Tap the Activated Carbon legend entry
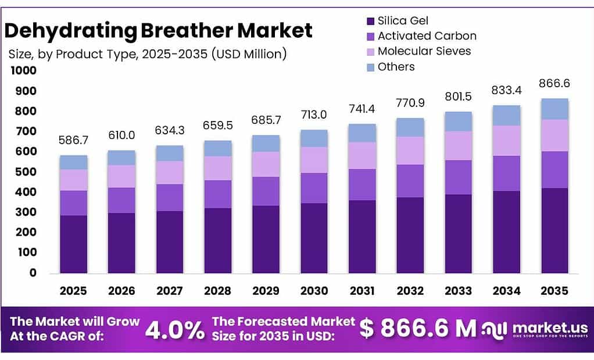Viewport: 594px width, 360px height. pyautogui.click(x=427, y=36)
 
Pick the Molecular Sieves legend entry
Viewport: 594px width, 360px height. pyautogui.click(x=424, y=51)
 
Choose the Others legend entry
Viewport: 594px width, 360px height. pyautogui.click(x=396, y=67)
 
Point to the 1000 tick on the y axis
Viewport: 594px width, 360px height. pyautogui.click(x=23, y=71)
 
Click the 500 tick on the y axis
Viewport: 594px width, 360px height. pyautogui.click(x=26, y=172)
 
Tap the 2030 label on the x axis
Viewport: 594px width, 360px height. pyautogui.click(x=314, y=291)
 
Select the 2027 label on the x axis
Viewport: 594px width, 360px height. pyautogui.click(x=170, y=291)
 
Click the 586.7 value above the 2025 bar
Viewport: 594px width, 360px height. pyautogui.click(x=74, y=140)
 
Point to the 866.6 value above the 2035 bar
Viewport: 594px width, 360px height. pyautogui.click(x=554, y=84)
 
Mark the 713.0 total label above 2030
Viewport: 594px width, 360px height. pyautogui.click(x=314, y=115)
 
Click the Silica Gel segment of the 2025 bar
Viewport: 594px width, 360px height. pyautogui.click(x=74, y=244)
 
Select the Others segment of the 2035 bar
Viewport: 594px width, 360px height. pyautogui.click(x=554, y=109)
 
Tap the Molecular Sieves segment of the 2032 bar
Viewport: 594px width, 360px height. pyautogui.click(x=410, y=151)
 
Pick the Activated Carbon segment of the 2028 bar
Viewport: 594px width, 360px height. pyautogui.click(x=218, y=194)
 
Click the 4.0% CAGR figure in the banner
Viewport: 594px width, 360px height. pyautogui.click(x=174, y=330)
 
